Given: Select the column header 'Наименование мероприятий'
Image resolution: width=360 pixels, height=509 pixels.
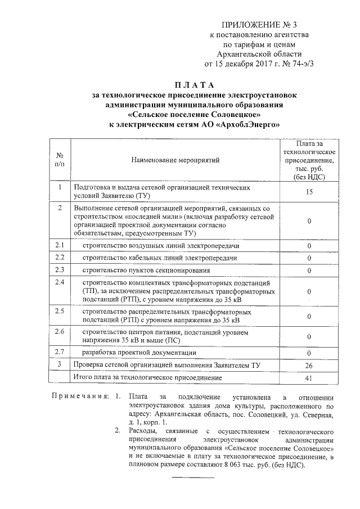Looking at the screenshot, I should click(x=175, y=160).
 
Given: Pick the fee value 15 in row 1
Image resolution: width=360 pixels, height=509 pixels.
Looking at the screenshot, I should click(x=309, y=192).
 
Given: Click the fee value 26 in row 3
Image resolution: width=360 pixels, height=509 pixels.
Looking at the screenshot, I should click(x=309, y=366).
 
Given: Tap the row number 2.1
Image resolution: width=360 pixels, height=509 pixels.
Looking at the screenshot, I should click(x=60, y=245).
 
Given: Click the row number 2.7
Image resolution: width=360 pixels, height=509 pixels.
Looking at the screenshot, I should click(x=60, y=352).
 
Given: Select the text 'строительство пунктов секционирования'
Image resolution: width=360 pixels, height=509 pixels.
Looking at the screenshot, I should click(x=138, y=270).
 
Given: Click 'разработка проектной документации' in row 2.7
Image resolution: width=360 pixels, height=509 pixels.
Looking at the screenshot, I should click(x=139, y=353).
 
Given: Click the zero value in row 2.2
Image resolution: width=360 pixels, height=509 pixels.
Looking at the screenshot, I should click(x=309, y=258).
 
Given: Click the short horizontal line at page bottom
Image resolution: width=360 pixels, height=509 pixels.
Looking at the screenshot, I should click(x=192, y=478).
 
